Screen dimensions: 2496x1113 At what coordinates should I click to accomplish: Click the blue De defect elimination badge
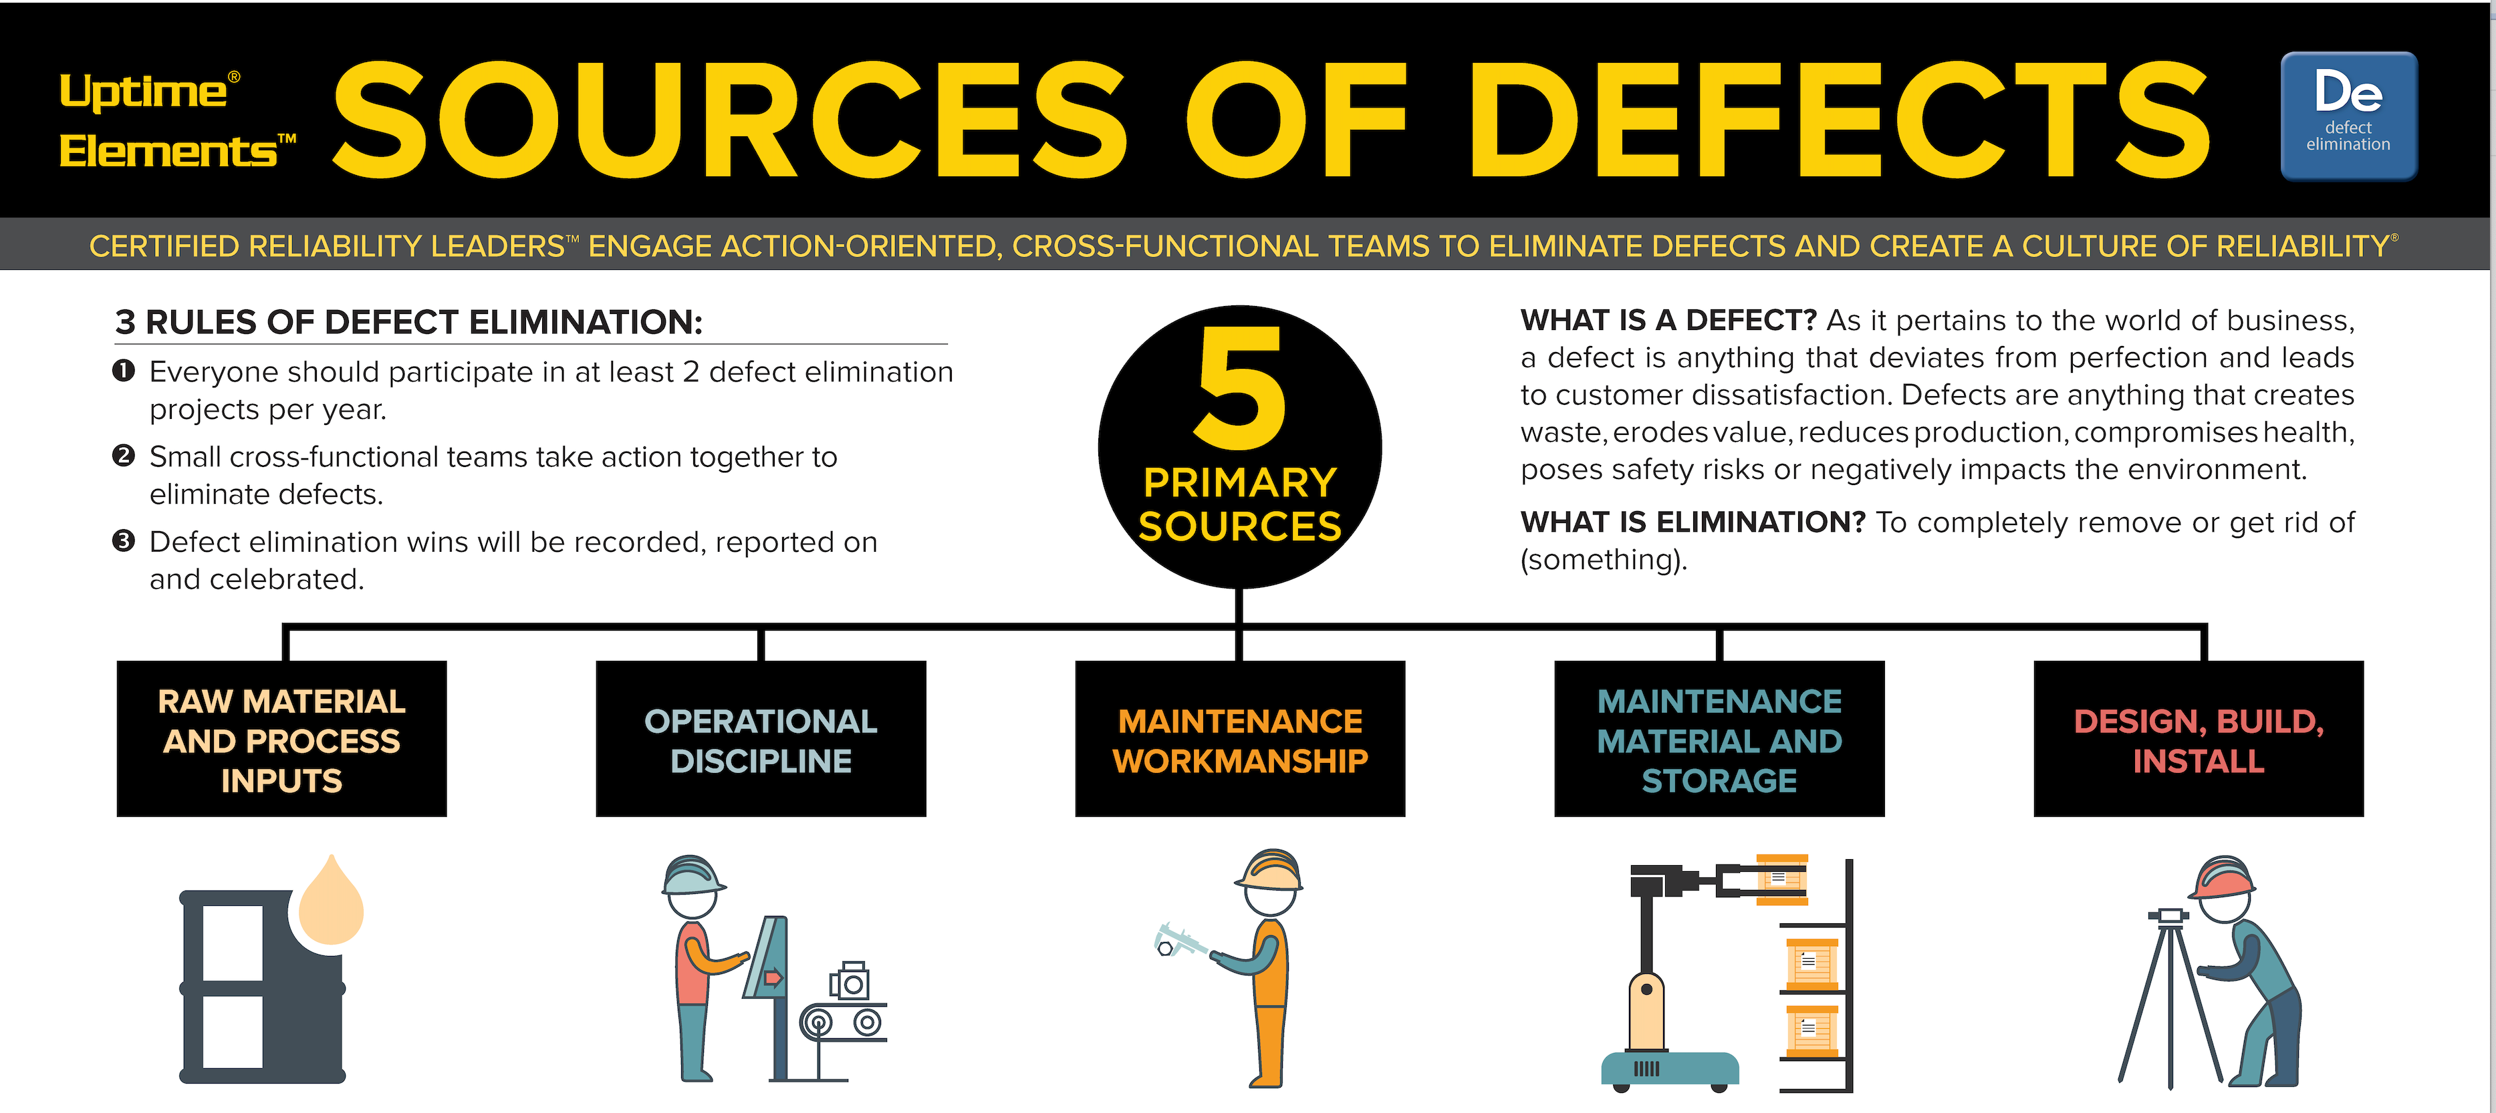tap(2349, 116)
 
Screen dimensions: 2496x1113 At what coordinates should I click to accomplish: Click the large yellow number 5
tap(1240, 387)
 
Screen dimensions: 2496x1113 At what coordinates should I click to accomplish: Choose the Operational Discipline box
tap(761, 739)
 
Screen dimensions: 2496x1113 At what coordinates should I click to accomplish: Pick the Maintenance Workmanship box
tap(1240, 739)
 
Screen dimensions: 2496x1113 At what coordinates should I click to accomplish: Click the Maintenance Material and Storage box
tap(1719, 739)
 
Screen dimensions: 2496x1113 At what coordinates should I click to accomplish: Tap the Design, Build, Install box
tap(2199, 739)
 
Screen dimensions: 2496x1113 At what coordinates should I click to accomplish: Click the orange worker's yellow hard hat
tap(1269, 870)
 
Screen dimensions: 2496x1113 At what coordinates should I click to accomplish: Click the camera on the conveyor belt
tap(850, 981)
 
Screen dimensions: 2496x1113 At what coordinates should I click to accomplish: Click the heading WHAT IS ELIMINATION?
tap(1693, 522)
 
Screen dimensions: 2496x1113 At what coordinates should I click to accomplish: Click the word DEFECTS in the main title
tap(1840, 120)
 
